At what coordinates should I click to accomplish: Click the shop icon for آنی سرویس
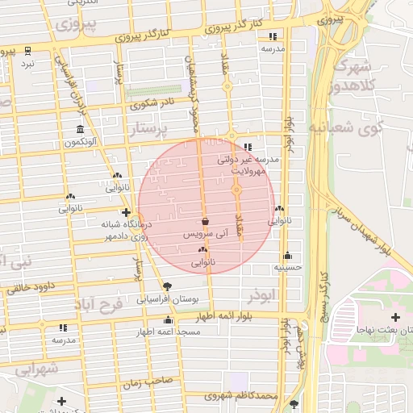click(204, 221)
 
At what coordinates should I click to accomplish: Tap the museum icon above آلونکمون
click(79, 130)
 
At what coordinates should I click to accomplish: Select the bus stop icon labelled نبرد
click(27, 51)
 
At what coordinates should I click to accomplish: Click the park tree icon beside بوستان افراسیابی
click(167, 286)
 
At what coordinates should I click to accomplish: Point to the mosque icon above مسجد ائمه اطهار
click(168, 321)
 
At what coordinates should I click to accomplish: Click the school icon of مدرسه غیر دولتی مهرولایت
click(248, 148)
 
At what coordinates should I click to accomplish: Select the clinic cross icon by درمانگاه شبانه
click(126, 213)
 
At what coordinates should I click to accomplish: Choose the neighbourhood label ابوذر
click(262, 296)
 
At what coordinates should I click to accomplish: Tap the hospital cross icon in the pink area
click(395, 316)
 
